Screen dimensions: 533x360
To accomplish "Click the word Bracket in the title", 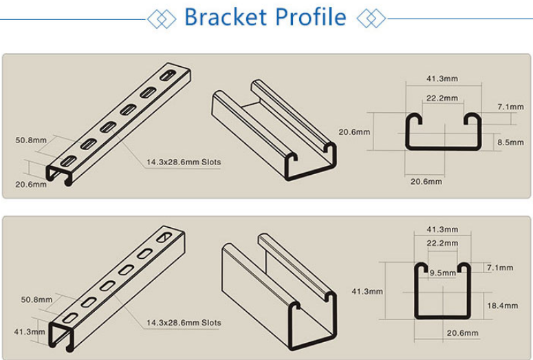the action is coord(226,17).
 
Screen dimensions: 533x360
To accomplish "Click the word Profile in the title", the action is coord(311,17).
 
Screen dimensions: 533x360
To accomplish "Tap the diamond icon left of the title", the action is coord(162,19).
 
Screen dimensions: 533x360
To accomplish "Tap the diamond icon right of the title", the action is coord(371,19).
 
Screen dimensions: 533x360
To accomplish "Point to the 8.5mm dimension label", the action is coord(510,142).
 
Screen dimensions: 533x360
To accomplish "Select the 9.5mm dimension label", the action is coord(443,273).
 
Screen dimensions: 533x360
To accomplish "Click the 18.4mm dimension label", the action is coord(503,306).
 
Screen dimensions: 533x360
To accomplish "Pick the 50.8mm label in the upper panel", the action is coord(31,140).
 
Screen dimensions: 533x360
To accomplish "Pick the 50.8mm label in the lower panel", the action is coord(36,300).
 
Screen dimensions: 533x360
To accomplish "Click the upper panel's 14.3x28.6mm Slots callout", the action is coord(184,162).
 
